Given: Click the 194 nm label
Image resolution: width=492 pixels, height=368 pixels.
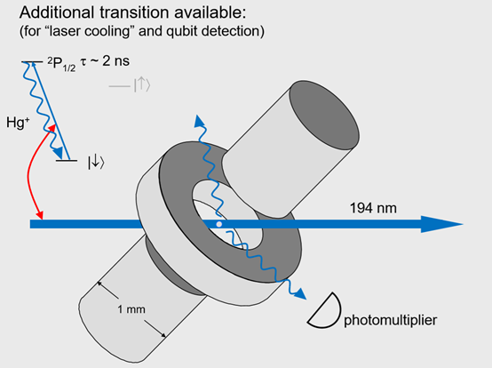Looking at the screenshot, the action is point(373,208).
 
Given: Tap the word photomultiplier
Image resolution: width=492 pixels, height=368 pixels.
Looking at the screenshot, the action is point(391,320).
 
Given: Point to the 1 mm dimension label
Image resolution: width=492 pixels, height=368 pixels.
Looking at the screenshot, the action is point(131,309).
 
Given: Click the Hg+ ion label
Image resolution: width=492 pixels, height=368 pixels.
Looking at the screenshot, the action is point(18,122).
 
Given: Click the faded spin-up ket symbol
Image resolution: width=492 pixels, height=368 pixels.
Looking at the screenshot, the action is point(142,85).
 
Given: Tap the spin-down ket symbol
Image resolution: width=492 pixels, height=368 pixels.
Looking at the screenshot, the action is point(96,163).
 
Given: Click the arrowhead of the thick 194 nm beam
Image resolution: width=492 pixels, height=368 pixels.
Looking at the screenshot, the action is point(441,224).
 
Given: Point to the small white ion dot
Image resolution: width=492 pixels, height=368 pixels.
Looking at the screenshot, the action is point(219,224).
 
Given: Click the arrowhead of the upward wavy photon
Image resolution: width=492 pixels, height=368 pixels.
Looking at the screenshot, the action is point(199,121).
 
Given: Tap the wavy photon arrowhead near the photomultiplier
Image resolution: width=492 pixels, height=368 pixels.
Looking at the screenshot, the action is point(300,294).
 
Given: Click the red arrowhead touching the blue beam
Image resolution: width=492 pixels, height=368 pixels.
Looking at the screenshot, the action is point(40,215).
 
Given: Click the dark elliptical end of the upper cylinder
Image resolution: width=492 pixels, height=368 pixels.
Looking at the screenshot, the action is point(324,116).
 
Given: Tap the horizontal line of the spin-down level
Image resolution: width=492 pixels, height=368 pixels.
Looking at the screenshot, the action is point(67,161).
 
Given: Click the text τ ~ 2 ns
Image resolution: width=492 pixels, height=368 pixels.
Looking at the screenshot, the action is point(105,61).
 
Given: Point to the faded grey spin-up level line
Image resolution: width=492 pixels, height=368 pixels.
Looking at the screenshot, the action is point(120,85).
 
